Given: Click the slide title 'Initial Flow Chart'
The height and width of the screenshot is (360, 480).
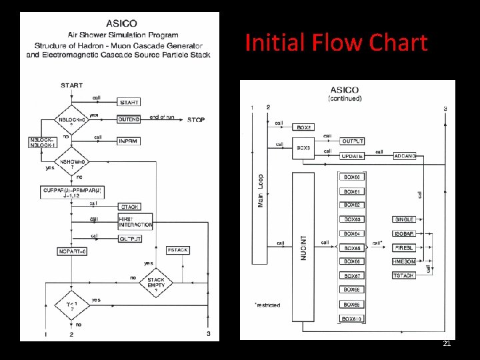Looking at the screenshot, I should (x=336, y=43).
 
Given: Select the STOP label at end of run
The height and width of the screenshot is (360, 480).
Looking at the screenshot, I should (x=195, y=120).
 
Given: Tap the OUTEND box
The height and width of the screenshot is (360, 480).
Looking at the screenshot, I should (x=129, y=120).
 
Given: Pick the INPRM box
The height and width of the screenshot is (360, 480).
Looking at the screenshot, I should (x=129, y=141).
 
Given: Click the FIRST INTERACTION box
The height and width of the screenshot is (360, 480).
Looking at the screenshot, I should (x=135, y=221).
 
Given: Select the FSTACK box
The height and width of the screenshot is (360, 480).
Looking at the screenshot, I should (x=178, y=250).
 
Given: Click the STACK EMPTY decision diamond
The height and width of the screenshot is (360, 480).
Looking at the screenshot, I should (x=156, y=284).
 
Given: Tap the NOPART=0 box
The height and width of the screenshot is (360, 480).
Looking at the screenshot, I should (x=73, y=251).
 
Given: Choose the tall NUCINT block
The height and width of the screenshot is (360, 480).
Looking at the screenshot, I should (x=303, y=247).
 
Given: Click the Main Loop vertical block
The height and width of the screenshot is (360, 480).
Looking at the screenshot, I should (x=260, y=190).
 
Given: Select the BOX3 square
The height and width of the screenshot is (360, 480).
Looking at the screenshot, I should (x=304, y=147).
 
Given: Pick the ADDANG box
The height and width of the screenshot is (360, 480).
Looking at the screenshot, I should (x=405, y=156).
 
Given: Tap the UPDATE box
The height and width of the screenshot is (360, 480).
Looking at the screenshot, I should (x=352, y=156).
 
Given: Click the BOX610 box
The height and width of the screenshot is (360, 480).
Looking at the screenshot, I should (x=352, y=319).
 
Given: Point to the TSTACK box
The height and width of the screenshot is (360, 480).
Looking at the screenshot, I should (x=404, y=275).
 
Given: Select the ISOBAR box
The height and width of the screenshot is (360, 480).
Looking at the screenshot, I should (x=404, y=233).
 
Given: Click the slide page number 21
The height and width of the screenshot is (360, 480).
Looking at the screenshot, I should (x=447, y=343).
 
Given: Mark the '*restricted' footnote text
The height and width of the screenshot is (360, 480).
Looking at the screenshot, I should (x=267, y=305).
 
